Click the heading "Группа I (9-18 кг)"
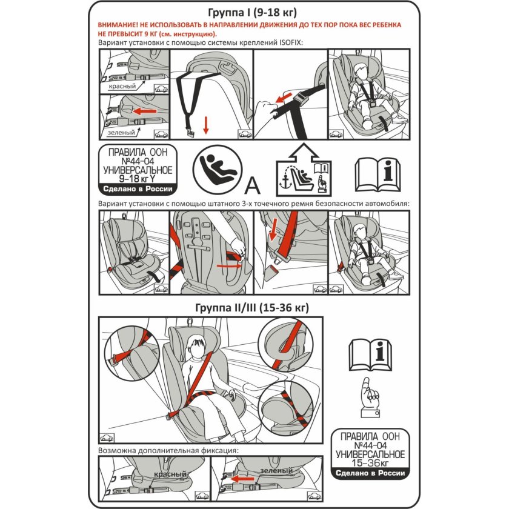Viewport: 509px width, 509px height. click(x=254, y=12)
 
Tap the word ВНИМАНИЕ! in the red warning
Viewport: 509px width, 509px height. click(x=123, y=25)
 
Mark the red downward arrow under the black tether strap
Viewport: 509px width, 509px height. click(x=206, y=125)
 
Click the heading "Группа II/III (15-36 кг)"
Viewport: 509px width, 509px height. click(x=253, y=308)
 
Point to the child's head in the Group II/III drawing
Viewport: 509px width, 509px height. click(x=195, y=347)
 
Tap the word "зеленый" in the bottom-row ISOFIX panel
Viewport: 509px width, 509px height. click(x=271, y=470)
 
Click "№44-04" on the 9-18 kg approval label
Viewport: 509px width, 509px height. click(x=139, y=161)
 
